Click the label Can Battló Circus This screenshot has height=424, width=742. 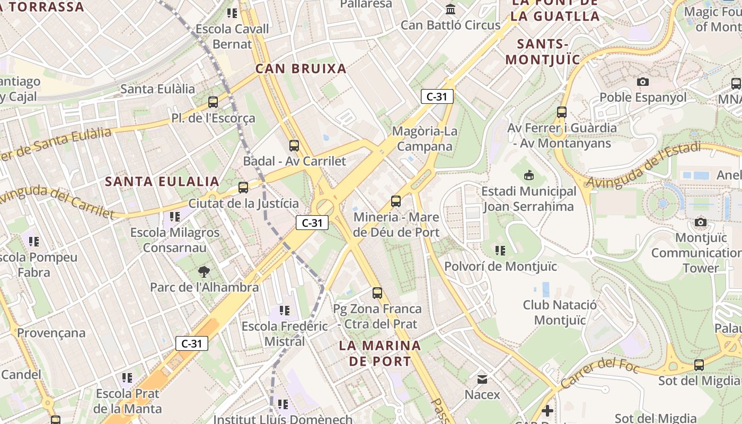tap(450, 25)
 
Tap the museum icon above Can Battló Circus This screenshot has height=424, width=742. tap(451, 9)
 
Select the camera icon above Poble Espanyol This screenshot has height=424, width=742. tap(643, 82)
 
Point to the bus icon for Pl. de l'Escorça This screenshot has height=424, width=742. tap(213, 102)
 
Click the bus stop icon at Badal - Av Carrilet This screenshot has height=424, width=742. tap(294, 146)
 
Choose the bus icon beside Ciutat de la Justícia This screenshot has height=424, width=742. tap(243, 187)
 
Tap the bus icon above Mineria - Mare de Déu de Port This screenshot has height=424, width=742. tap(396, 201)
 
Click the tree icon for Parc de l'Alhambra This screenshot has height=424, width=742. tap(204, 272)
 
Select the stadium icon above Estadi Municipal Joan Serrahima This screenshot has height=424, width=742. tap(528, 175)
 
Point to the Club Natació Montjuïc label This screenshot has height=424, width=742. tap(560, 312)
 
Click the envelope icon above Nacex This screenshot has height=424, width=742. tap(482, 379)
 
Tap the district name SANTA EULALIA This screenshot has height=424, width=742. tap(162, 181)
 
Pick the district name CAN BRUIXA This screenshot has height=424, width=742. tap(301, 68)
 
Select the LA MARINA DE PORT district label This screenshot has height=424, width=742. tap(380, 354)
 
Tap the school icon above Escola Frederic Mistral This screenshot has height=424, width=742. tap(285, 311)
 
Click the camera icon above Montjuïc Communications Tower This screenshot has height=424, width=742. tap(701, 222)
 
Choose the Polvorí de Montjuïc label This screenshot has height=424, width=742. tap(501, 266)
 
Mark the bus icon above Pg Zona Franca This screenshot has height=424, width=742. tap(377, 293)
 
